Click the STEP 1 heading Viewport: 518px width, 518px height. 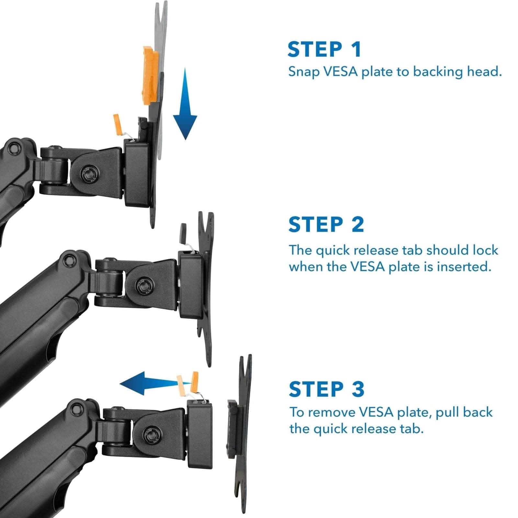click(x=324, y=50)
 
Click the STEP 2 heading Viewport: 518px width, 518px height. click(x=326, y=224)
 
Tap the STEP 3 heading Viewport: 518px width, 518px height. click(x=326, y=389)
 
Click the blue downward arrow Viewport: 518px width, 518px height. click(x=185, y=107)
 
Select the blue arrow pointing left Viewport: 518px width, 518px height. click(x=146, y=383)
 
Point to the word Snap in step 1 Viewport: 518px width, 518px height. click(x=303, y=72)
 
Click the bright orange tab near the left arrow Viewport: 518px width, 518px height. click(x=195, y=379)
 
